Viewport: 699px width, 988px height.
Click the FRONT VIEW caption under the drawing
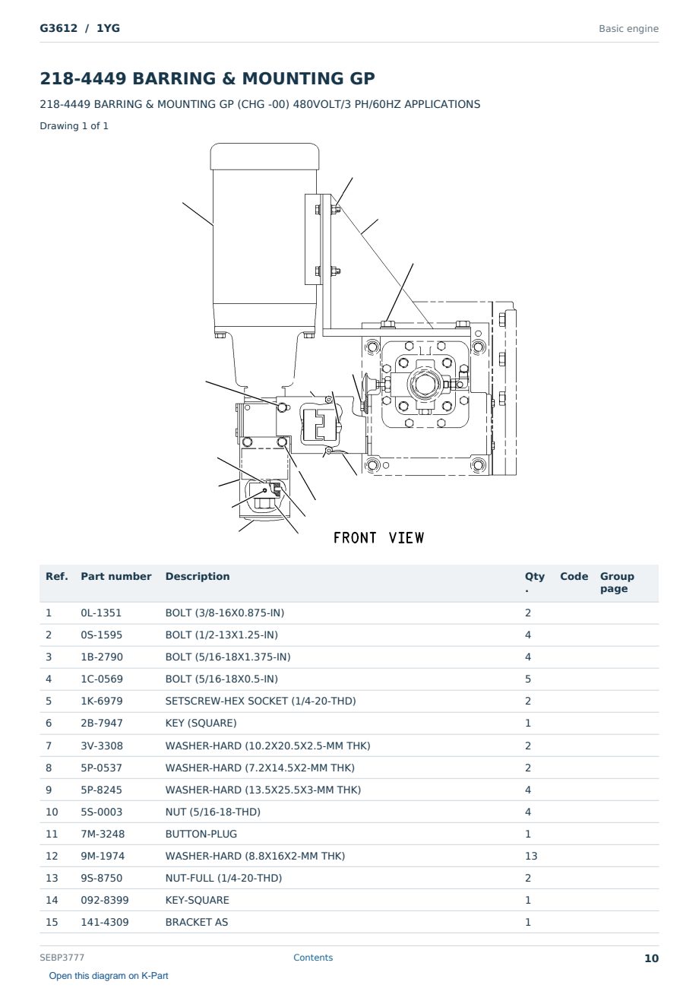pyautogui.click(x=378, y=538)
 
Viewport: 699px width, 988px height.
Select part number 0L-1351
pyautogui.click(x=101, y=613)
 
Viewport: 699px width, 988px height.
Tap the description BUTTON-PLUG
pyautogui.click(x=201, y=834)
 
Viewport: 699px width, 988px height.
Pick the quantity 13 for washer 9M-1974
pyautogui.click(x=531, y=856)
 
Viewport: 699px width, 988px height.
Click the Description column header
pyautogui.click(x=198, y=576)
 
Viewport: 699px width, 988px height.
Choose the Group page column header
pyautogui.click(x=617, y=582)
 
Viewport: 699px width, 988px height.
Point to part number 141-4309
pyautogui.click(x=105, y=922)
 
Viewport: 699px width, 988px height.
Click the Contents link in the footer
pyautogui.click(x=313, y=957)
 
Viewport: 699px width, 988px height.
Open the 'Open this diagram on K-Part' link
pyautogui.click(x=109, y=975)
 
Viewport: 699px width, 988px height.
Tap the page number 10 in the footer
pyautogui.click(x=651, y=958)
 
